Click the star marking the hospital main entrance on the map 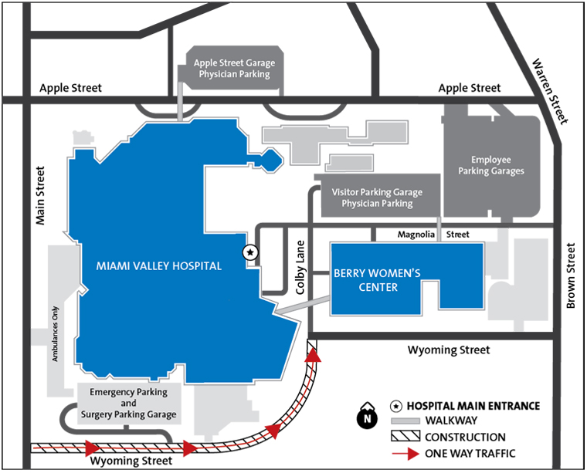click(x=250, y=253)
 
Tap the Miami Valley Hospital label click(x=159, y=266)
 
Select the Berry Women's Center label click(x=378, y=280)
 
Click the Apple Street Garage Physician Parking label click(x=234, y=69)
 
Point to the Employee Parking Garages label click(x=491, y=165)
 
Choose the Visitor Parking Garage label click(x=377, y=192)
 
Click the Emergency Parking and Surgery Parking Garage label click(x=128, y=403)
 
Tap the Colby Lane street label click(x=300, y=267)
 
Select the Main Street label click(x=40, y=195)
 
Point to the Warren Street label click(x=550, y=91)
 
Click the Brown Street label click(x=571, y=275)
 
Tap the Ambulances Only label click(x=55, y=334)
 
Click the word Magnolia click(x=416, y=235)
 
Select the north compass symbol click(x=368, y=415)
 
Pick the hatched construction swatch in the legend click(x=405, y=436)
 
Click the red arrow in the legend click(x=405, y=454)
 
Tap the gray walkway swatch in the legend click(x=405, y=421)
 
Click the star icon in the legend click(x=396, y=406)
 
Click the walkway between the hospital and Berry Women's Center click(x=303, y=305)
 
